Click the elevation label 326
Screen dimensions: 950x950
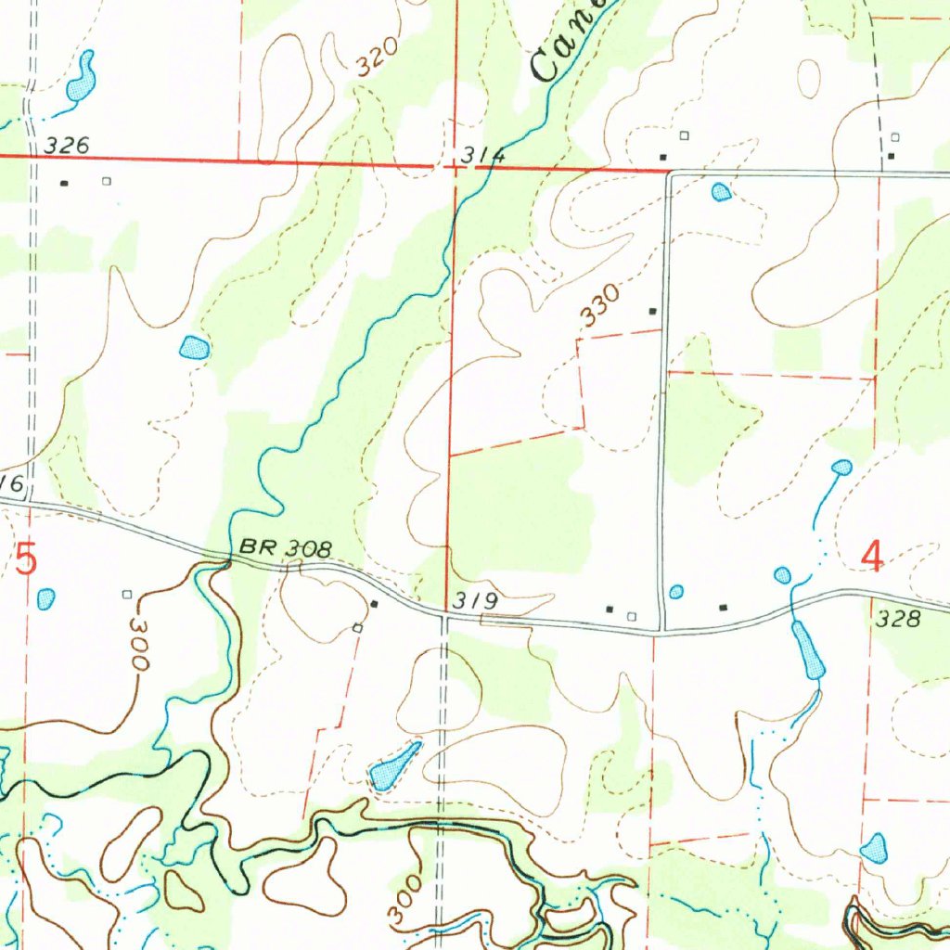click(67, 145)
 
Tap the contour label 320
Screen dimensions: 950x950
click(378, 57)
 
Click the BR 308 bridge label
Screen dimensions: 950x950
click(285, 548)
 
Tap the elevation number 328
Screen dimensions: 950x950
click(899, 619)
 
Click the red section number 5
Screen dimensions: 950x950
click(28, 561)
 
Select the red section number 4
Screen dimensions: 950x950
click(872, 556)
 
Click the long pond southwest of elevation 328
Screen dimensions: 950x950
click(806, 650)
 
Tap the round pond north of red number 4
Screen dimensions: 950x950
click(841, 467)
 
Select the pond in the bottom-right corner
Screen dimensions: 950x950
click(874, 846)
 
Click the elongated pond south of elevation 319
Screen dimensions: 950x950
click(393, 766)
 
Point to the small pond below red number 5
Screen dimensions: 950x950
click(45, 598)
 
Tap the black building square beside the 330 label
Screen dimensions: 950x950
click(653, 311)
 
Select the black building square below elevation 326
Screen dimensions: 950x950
click(64, 183)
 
